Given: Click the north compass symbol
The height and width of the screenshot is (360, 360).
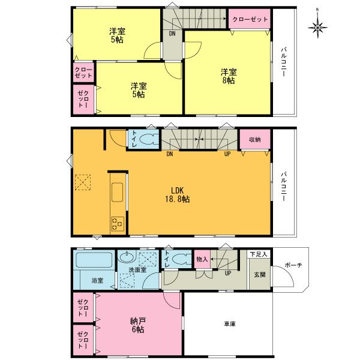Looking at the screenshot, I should click(x=317, y=26).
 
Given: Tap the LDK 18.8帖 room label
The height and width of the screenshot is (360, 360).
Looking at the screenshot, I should click(x=176, y=195).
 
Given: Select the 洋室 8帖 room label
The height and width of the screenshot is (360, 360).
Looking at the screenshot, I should click(x=229, y=77).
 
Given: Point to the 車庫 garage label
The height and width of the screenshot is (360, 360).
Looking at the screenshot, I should click(x=229, y=324).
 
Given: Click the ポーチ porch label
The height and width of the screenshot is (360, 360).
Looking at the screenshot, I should click(x=294, y=265).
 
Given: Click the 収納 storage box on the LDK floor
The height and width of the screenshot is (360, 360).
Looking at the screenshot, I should click(x=254, y=140).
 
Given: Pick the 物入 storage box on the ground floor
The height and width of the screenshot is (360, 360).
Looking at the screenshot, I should click(x=202, y=259).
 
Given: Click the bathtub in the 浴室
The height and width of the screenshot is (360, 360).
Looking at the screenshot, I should click(x=94, y=261).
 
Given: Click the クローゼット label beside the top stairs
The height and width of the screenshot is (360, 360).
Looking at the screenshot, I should click(x=247, y=19).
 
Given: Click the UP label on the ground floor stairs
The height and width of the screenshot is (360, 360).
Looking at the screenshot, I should click(x=228, y=273).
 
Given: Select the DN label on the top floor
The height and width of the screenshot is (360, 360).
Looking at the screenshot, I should click(x=172, y=34).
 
